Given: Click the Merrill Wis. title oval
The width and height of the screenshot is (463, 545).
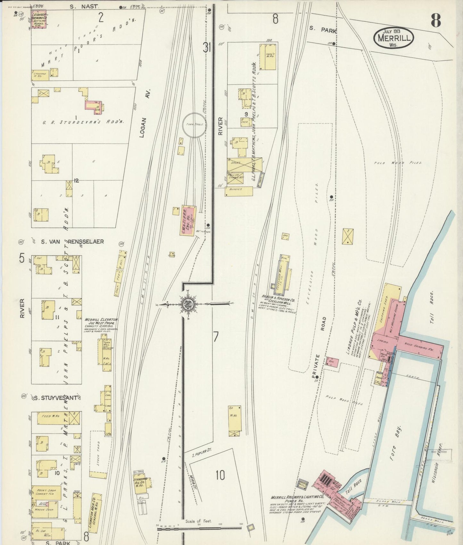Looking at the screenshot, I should (393, 38).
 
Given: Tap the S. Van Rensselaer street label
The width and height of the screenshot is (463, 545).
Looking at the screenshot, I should (73, 241).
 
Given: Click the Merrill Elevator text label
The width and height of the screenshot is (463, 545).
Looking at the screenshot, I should (101, 320).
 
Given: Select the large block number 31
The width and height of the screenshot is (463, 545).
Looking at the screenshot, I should (206, 47).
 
